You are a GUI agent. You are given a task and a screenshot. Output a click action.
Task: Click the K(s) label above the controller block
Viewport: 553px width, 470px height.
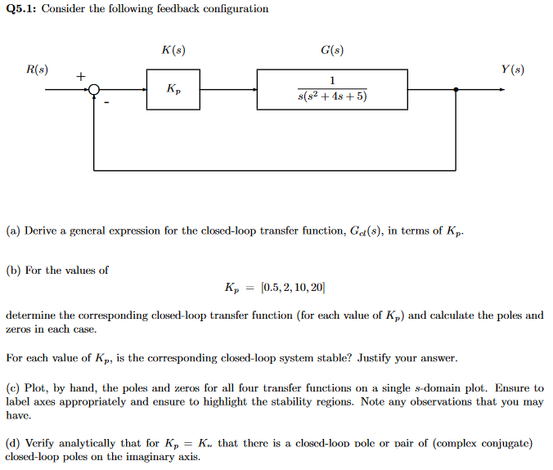pos(173,51)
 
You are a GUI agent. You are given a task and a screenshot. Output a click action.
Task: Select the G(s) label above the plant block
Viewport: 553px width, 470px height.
pos(332,51)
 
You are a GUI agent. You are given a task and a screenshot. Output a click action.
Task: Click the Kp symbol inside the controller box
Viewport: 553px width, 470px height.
pos(173,89)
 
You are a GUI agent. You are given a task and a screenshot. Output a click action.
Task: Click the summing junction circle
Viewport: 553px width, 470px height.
pos(94,90)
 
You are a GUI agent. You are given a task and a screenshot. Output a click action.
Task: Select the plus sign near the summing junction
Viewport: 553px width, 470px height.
pos(80,77)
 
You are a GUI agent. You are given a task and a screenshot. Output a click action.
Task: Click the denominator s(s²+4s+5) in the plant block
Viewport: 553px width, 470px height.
pos(332,96)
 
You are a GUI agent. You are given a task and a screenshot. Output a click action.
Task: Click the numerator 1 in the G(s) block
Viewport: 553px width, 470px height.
pos(332,81)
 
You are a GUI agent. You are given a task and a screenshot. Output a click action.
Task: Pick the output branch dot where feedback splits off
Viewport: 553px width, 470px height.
pos(456,90)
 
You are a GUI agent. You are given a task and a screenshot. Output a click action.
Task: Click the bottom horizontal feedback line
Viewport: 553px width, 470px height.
pos(274,170)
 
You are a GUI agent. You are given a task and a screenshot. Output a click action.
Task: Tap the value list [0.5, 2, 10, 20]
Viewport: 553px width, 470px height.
pos(292,288)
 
